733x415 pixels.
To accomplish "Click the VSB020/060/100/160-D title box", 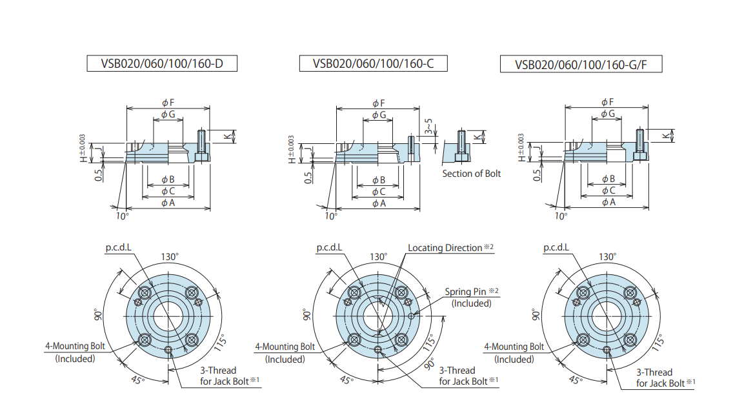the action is (162, 63).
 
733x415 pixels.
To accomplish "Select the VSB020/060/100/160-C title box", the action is (373, 63).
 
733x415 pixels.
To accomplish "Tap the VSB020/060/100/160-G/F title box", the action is (581, 65).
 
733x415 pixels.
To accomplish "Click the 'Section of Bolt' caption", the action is (471, 174).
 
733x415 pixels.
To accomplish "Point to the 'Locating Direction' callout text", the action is (445, 248).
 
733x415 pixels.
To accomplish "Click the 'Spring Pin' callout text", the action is (466, 292).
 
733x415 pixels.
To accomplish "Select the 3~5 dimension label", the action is (428, 127).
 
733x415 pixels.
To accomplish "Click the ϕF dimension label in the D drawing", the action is (168, 103).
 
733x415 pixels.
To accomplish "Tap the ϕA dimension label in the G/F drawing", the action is (608, 202).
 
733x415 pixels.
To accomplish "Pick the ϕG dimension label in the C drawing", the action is (379, 115).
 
